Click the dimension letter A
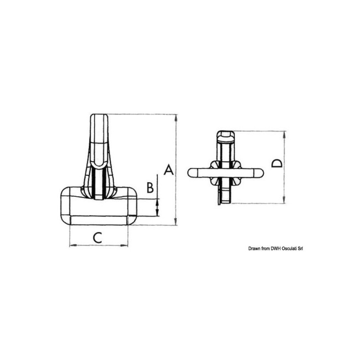click(x=169, y=170)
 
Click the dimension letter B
click(x=150, y=187)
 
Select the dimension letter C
click(x=98, y=238)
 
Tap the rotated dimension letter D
click(x=277, y=163)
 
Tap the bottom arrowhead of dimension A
click(x=176, y=221)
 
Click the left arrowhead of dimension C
click(x=73, y=245)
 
